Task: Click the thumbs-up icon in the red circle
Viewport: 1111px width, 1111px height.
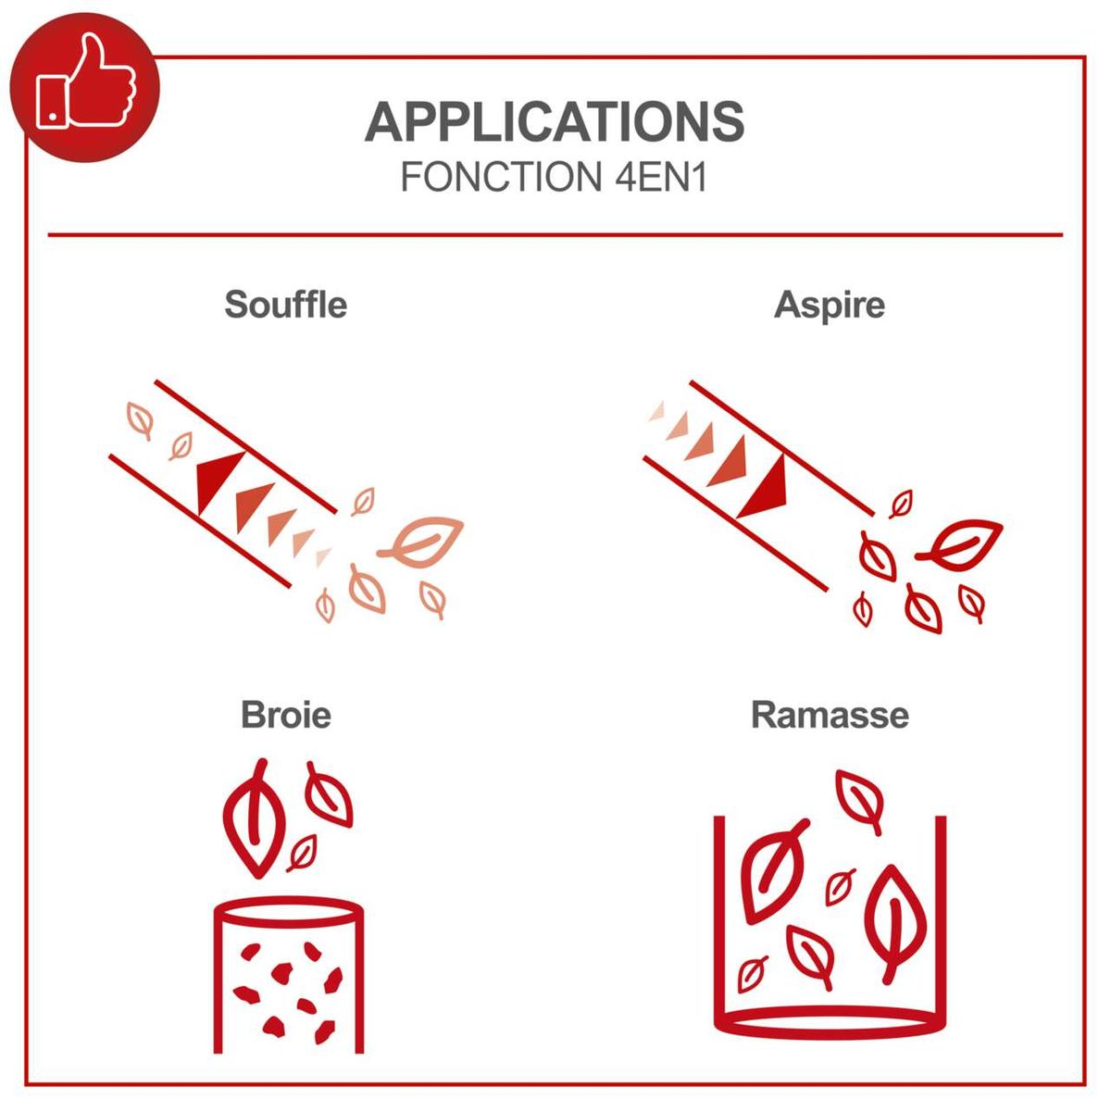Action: click(x=86, y=81)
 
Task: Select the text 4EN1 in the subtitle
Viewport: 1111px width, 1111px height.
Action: click(x=661, y=177)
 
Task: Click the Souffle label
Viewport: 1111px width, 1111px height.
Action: click(x=286, y=305)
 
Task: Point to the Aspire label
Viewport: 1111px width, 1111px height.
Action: click(x=829, y=305)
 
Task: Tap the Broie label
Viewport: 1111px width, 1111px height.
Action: click(x=286, y=716)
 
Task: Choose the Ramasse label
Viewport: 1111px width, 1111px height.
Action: click(x=830, y=716)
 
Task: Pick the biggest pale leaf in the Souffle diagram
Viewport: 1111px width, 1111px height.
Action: click(x=421, y=542)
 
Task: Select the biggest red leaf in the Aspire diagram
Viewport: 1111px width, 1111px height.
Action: click(x=960, y=544)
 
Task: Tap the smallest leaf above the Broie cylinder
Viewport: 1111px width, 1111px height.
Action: click(x=302, y=854)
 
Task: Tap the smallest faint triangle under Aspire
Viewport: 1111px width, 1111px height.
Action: click(x=657, y=412)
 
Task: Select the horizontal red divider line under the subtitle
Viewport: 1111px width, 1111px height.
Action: click(x=555, y=235)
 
